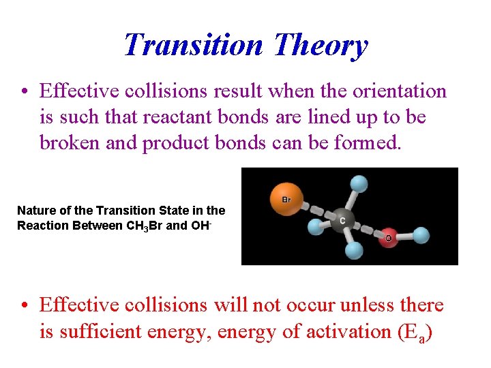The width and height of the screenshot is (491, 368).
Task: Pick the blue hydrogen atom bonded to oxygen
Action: pos(421,235)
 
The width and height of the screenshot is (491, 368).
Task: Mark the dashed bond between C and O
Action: pos(366,229)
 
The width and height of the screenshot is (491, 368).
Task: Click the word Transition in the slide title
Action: pos(193,45)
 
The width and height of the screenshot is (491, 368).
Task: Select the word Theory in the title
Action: pos(321,45)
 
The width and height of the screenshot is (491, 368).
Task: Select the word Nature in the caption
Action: pos(35,211)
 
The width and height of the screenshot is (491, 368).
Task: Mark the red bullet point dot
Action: pos(25,306)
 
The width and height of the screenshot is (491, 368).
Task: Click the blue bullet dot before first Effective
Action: pos(25,91)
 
